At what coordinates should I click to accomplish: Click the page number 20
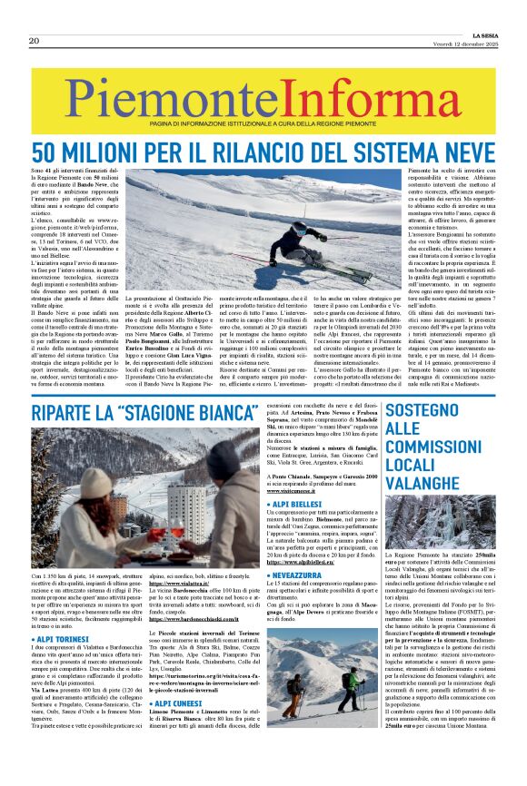tap(35, 41)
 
